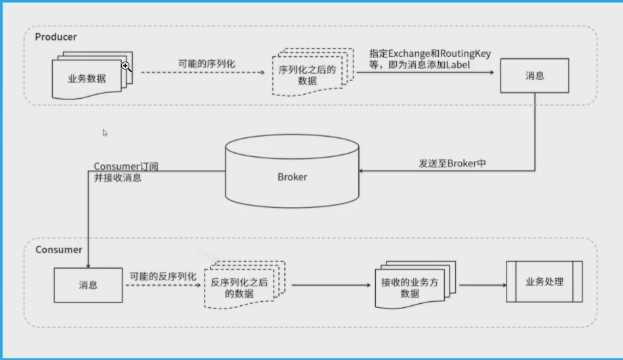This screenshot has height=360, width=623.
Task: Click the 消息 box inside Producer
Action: [x=534, y=76]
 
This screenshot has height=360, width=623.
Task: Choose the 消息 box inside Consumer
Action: [x=88, y=285]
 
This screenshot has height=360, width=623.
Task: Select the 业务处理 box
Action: [x=544, y=282]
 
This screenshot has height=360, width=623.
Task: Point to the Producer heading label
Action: [x=56, y=37]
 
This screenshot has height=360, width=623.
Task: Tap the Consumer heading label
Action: [x=59, y=250]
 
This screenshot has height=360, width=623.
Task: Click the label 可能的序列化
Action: [x=207, y=63]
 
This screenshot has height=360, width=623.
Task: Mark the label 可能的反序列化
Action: [x=163, y=276]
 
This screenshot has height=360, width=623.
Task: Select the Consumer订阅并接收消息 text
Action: [x=126, y=172]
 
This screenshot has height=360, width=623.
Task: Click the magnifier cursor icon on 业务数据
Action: [x=126, y=66]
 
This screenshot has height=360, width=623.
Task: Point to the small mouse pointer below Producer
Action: [x=105, y=133]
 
